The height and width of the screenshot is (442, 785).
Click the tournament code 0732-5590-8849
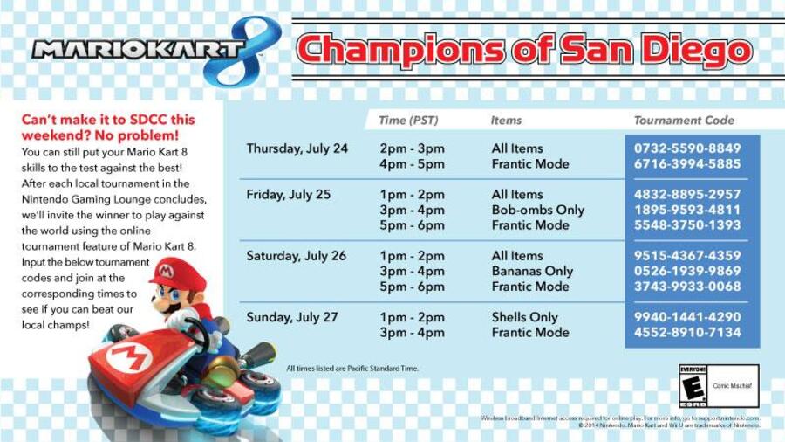click(x=687, y=148)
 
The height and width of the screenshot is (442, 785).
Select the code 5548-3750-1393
click(x=687, y=225)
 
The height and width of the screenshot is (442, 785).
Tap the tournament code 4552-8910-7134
click(x=687, y=333)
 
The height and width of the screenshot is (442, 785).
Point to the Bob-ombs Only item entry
click(x=537, y=210)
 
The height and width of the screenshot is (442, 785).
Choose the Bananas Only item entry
click(x=532, y=271)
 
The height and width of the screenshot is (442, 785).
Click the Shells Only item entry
click(x=524, y=317)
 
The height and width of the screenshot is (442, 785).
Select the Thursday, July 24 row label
click(x=297, y=148)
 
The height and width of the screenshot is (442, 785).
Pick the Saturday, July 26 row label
click(x=296, y=256)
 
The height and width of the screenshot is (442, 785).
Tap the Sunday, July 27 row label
click(x=291, y=317)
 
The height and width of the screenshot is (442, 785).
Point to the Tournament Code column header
click(x=684, y=121)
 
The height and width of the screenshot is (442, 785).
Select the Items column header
click(x=506, y=121)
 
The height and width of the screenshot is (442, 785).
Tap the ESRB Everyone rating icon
click(x=694, y=385)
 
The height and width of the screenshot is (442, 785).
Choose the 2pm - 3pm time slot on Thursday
click(x=412, y=148)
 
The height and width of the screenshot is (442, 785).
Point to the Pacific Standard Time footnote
click(x=352, y=369)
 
